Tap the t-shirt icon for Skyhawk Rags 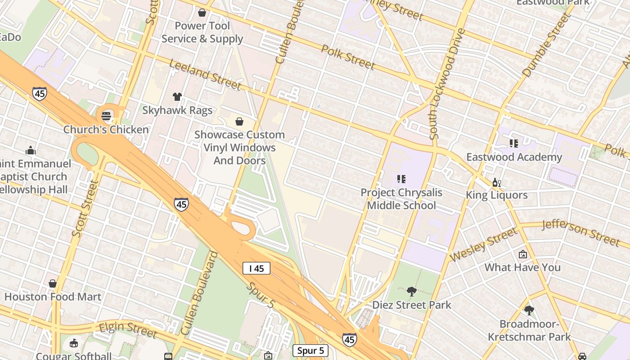tap(177, 96)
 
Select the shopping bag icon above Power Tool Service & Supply tap(202, 13)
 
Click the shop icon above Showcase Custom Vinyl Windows tap(239, 121)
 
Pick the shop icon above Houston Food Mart tap(53, 283)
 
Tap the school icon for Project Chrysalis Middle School tap(401, 179)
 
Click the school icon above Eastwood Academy tap(513, 144)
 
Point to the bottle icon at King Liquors tap(496, 182)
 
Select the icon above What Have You tap(522, 254)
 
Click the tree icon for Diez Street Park tap(411, 292)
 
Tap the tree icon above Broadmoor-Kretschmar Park tap(529, 310)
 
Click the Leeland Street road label tap(205, 75)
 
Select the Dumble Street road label tap(546, 45)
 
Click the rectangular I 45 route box tap(256, 269)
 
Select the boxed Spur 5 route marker tap(310, 351)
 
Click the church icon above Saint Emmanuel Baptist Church tap(31, 150)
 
